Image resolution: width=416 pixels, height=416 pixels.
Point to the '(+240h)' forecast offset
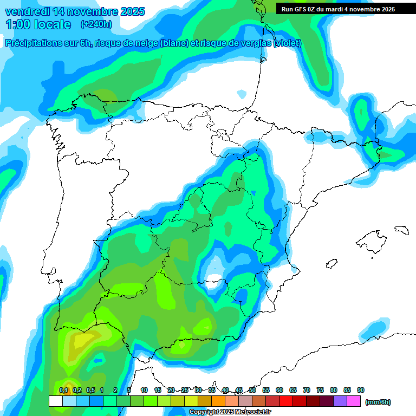(96, 24)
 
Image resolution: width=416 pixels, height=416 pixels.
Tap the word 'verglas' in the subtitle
(255, 43)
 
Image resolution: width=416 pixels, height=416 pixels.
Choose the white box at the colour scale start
(55, 401)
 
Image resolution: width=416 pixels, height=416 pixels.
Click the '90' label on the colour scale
(360, 390)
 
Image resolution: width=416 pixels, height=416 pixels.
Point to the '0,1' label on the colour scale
(63, 390)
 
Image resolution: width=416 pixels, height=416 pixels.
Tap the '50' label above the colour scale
(252, 390)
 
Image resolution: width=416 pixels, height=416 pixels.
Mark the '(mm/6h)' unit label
(378, 402)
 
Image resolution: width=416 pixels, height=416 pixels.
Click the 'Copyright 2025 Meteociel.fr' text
(230, 412)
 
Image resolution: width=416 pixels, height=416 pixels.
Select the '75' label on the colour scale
(320, 390)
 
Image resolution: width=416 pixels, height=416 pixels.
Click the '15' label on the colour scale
(158, 390)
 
